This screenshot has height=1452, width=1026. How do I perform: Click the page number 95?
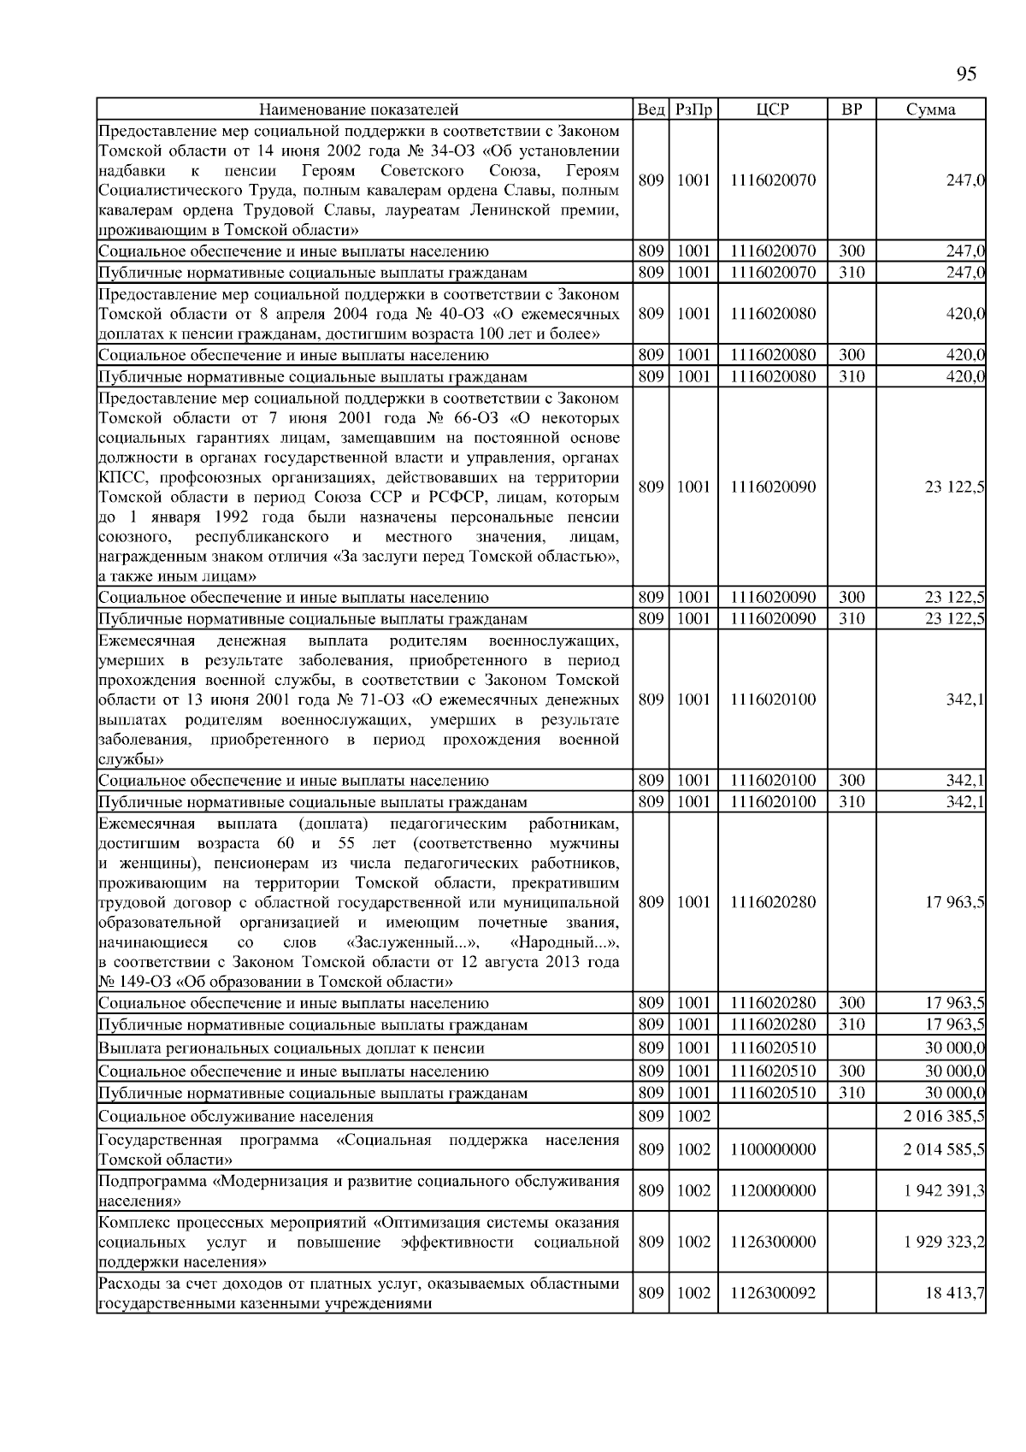pyautogui.click(x=965, y=74)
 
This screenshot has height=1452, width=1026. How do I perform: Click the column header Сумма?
pyautogui.click(x=931, y=109)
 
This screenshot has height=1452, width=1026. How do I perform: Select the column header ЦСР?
pyautogui.click(x=773, y=109)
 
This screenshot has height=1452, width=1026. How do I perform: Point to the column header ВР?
pyautogui.click(x=852, y=109)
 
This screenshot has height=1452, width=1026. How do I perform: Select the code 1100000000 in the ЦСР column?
pyautogui.click(x=773, y=1149)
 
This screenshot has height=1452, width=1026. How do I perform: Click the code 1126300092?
pyautogui.click(x=773, y=1293)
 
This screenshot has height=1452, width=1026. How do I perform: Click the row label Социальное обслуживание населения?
pyautogui.click(x=236, y=1116)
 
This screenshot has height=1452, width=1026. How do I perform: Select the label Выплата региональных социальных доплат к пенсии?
pyautogui.click(x=292, y=1048)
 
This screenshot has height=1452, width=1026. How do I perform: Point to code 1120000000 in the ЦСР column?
pyautogui.click(x=773, y=1190)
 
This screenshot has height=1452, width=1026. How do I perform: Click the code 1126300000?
pyautogui.click(x=773, y=1242)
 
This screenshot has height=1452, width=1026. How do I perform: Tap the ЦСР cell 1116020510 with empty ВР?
pyautogui.click(x=773, y=1048)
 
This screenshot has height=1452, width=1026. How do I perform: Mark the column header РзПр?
pyautogui.click(x=693, y=109)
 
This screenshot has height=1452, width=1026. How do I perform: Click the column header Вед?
pyautogui.click(x=652, y=109)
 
